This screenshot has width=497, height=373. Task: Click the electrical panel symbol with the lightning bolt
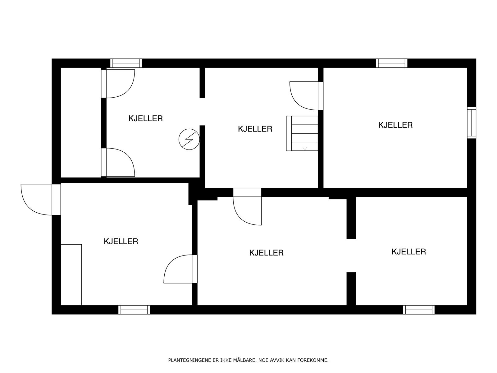pos(189,139)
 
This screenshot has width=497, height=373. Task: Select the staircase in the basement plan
pos(302,133)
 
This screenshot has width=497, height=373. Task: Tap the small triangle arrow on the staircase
pos(305,148)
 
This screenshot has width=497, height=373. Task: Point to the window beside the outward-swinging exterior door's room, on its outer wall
pos(134,310)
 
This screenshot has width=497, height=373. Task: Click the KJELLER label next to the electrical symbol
pos(145,118)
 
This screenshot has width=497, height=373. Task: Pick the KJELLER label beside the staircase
pos(255,129)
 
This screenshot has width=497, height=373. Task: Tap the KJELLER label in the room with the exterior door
pos(121,242)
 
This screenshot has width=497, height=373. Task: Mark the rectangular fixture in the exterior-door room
pos(71,275)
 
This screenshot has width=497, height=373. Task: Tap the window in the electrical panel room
pos(126,63)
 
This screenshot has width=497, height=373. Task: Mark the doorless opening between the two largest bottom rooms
pos(351,256)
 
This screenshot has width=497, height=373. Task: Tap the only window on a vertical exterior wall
pos(472,122)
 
